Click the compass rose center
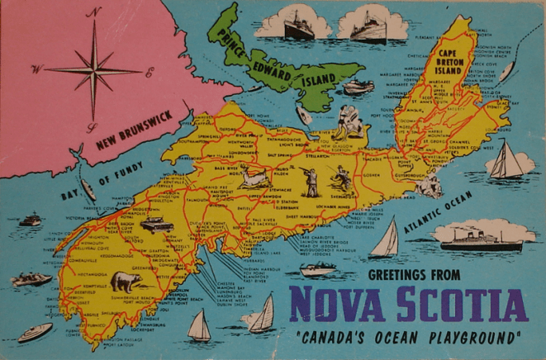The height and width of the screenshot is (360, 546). pos(93,69)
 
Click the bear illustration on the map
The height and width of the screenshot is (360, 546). pos(126,281)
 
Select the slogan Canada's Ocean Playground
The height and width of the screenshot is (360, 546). pos(408,337)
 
